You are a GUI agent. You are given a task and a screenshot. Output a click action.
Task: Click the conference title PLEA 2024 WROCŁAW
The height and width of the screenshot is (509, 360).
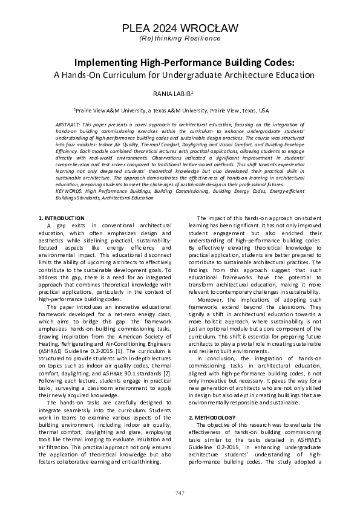[x=180, y=28]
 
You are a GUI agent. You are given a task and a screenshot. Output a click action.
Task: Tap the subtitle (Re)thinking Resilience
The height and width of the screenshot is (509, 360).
[x=180, y=38]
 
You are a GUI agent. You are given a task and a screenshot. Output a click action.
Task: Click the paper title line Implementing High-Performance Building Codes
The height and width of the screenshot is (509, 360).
[x=180, y=63]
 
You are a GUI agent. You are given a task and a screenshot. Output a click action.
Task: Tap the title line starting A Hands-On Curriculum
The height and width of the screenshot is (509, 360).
[x=180, y=76]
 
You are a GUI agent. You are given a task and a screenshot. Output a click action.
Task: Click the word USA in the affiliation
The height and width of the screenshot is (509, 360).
[x=264, y=111]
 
